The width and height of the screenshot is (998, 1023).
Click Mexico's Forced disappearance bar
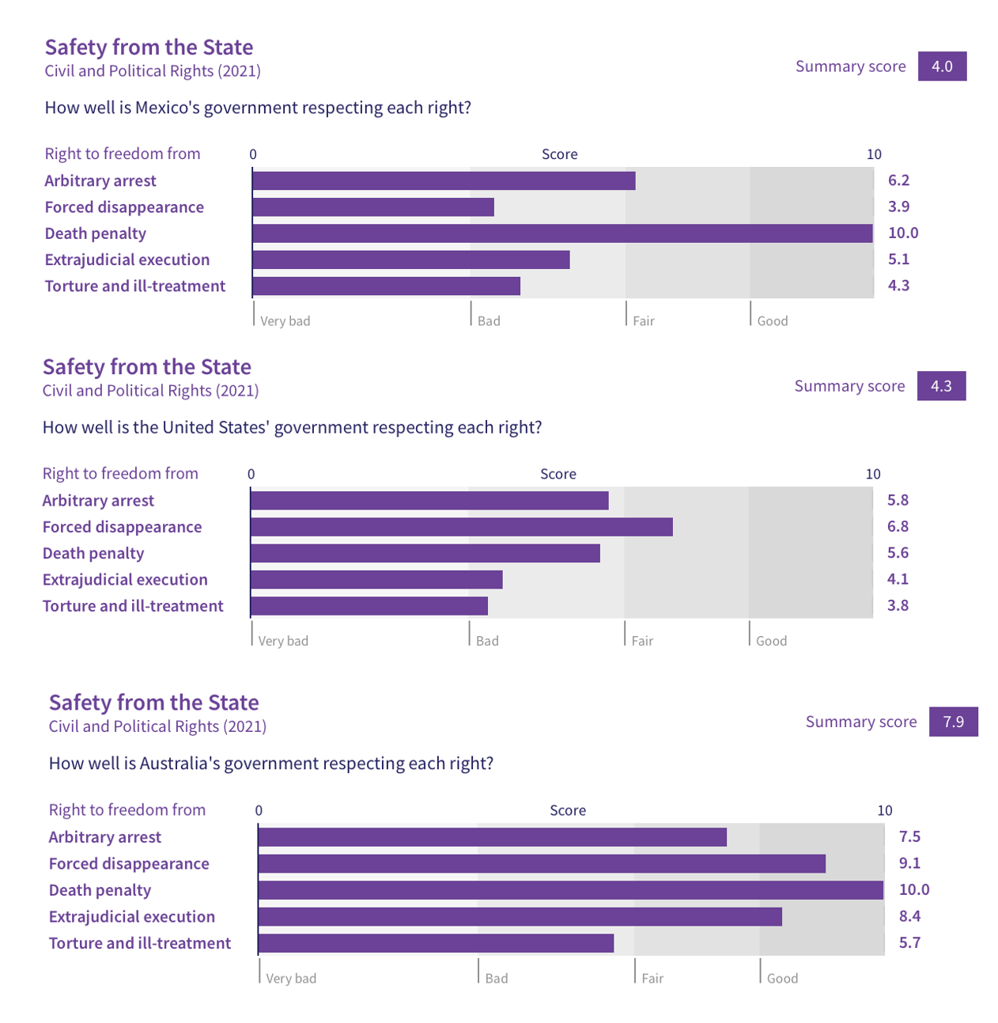coord(373,207)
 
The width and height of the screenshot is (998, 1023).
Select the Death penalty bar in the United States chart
coord(425,553)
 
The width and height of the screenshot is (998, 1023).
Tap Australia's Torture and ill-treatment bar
coord(436,943)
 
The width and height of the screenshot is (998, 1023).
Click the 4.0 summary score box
coord(942,66)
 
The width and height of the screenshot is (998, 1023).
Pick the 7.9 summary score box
coord(953,722)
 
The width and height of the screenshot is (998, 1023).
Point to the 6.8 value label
coord(898,526)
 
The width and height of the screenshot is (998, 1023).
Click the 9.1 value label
coord(909,863)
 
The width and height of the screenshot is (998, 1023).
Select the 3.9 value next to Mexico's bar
coord(898,206)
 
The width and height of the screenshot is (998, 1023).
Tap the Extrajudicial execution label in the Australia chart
coord(132,917)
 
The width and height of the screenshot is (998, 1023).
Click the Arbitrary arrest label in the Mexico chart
coord(100,181)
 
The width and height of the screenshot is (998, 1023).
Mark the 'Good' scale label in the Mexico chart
coord(772,321)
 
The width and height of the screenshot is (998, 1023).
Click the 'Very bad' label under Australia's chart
coord(291,979)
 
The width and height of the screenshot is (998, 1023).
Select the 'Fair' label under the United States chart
coord(642,641)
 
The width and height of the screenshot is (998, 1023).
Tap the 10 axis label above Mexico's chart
coord(873,154)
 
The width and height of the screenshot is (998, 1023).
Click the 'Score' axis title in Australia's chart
coord(568,811)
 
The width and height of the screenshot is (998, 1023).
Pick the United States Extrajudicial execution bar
coord(376,580)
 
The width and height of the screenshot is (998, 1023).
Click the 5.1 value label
coord(898,260)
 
